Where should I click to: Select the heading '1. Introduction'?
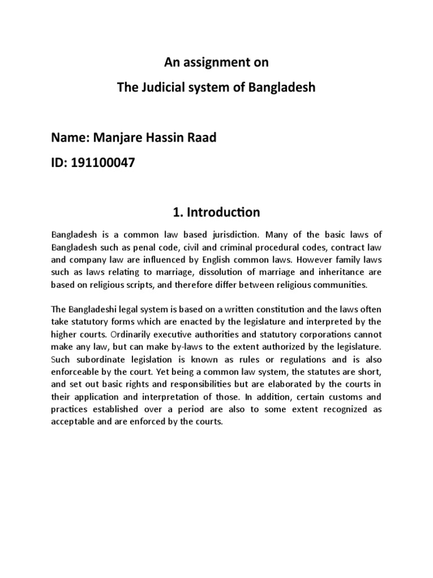[216, 212]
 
